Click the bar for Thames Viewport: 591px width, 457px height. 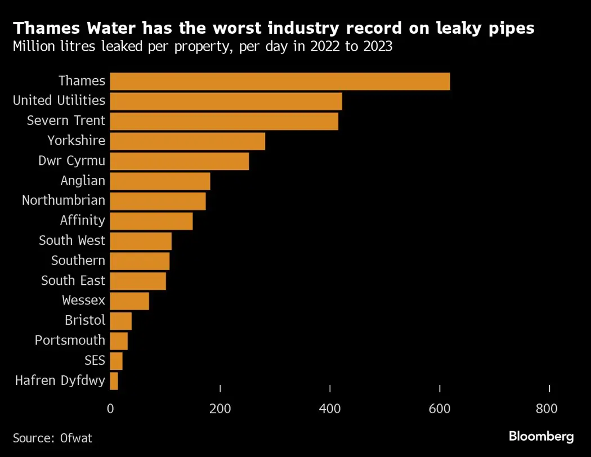coord(280,81)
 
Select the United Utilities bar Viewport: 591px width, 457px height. coord(226,101)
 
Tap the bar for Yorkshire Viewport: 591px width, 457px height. coord(187,141)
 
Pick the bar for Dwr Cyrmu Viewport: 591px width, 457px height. coord(179,161)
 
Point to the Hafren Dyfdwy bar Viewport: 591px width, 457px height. coord(114,381)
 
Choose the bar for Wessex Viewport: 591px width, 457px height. coord(129,301)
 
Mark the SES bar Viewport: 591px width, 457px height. coord(117,361)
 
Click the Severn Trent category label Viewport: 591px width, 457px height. coord(66,120)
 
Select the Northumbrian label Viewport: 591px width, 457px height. coord(64,200)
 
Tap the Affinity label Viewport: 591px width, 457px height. coord(83,220)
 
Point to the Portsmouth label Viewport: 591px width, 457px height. coord(70,340)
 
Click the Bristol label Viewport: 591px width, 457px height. coord(85,320)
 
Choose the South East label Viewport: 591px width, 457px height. coord(73,280)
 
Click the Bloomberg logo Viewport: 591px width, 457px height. coord(541,436)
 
